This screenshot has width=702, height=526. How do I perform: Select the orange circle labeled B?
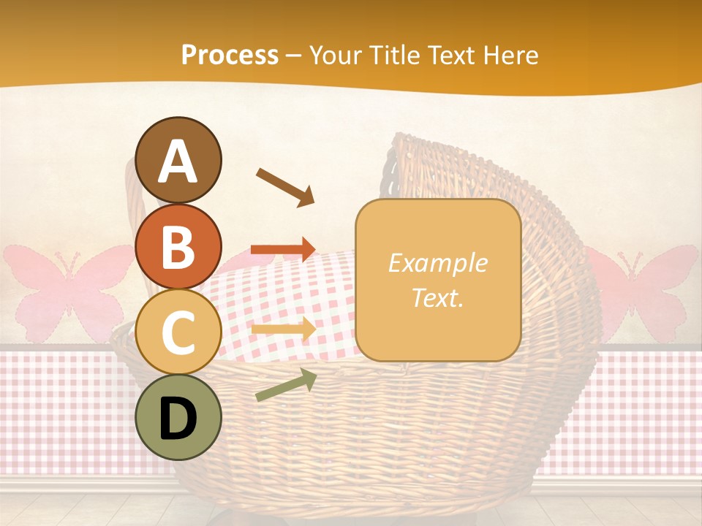click(178, 247)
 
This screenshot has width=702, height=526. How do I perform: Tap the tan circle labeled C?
click(178, 332)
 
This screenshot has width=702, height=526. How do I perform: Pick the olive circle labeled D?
click(178, 418)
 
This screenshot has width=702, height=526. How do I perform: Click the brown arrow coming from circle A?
click(284, 186)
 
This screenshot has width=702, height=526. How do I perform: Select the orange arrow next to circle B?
click(283, 249)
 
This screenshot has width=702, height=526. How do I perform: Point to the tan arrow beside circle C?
click(283, 329)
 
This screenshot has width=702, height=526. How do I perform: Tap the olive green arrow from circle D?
click(286, 385)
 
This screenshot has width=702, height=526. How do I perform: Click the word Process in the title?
click(230, 55)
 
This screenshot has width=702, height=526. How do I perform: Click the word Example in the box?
click(437, 263)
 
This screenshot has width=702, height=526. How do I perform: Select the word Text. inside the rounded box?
click(437, 297)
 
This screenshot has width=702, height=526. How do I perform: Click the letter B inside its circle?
click(178, 247)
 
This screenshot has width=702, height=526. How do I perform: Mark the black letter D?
click(178, 419)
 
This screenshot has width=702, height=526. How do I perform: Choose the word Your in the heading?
click(335, 55)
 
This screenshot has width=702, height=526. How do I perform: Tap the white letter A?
click(178, 161)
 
